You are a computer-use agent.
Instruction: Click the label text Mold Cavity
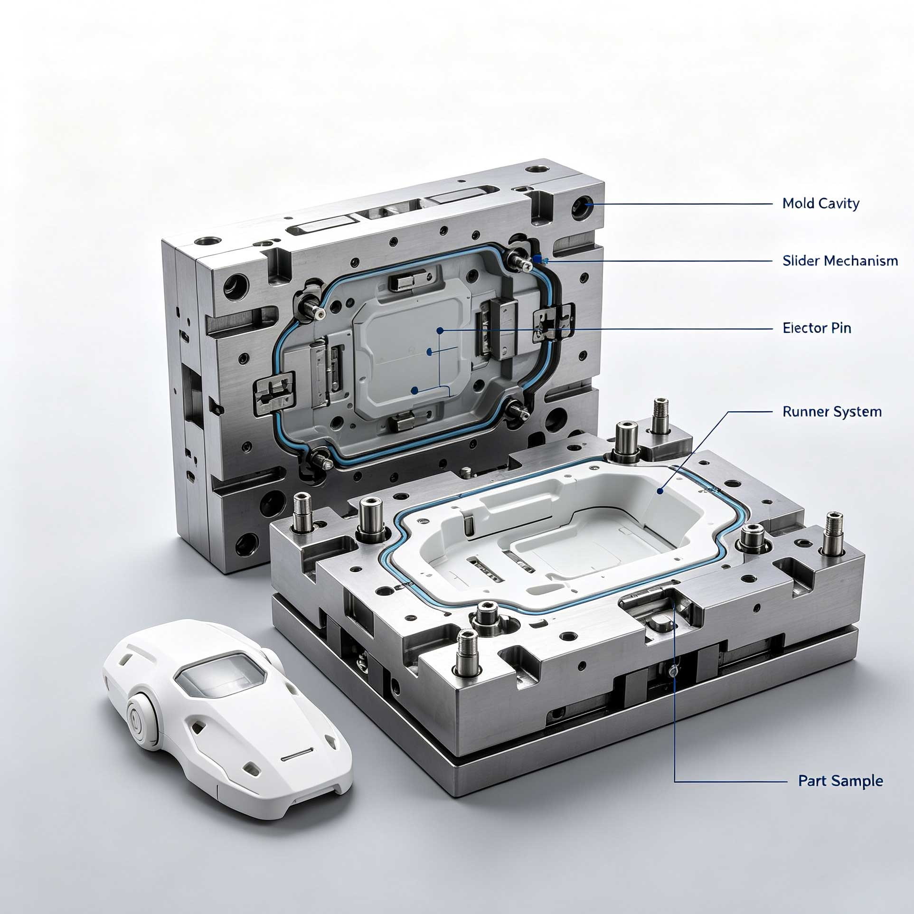pos(821,204)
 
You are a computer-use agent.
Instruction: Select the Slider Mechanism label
pos(840,260)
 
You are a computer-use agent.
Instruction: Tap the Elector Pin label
pos(817,328)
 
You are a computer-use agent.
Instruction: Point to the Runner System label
pos(832,411)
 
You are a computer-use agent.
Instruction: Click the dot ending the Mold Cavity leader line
pos(588,204)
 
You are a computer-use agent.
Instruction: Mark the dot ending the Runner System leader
pos(660,491)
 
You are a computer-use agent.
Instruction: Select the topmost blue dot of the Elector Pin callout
pos(440,330)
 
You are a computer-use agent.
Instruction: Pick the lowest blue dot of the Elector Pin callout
pos(415,390)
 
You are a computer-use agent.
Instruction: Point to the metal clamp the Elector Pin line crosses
pos(550,326)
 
